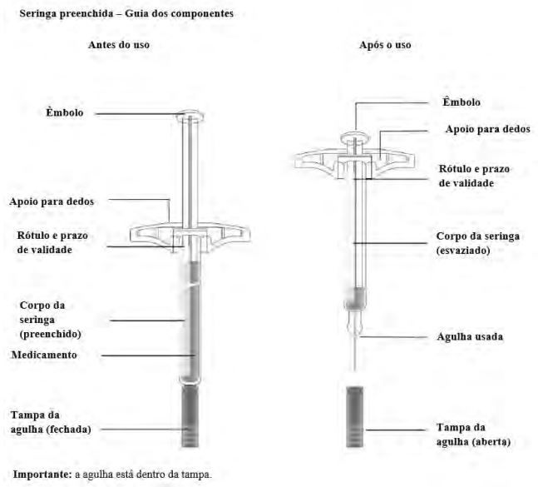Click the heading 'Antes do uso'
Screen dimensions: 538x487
pyautogui.click(x=119, y=45)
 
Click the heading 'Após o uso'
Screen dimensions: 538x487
pyautogui.click(x=385, y=45)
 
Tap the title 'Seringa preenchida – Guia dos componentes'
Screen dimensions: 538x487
pyautogui.click(x=126, y=14)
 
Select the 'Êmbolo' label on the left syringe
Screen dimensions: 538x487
pyautogui.click(x=65, y=112)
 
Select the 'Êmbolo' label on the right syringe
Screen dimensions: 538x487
pyautogui.click(x=461, y=102)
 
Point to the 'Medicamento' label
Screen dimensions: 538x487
pyautogui.click(x=44, y=355)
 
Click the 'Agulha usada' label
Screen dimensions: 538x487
pyautogui.click(x=470, y=336)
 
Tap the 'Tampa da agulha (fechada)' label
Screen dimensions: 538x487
pyautogui.click(x=51, y=422)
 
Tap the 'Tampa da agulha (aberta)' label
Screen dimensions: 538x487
pyautogui.click(x=473, y=435)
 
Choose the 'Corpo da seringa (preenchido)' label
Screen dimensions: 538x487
pyautogui.click(x=50, y=320)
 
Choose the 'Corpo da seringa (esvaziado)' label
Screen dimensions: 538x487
pyautogui.click(x=477, y=243)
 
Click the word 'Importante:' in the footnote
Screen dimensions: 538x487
pyautogui.click(x=42, y=475)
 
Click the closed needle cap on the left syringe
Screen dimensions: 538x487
pyautogui.click(x=190, y=416)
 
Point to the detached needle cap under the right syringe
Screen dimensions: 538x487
pyautogui.click(x=355, y=416)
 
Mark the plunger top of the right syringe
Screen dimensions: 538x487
pyautogui.click(x=355, y=138)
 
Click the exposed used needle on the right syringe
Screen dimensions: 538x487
pyautogui.click(x=355, y=353)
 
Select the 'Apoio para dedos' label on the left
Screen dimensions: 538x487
pyautogui.click(x=52, y=201)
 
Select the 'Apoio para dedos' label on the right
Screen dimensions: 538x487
pyautogui.click(x=487, y=129)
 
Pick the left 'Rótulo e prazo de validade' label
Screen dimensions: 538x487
pyautogui.click(x=52, y=242)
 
